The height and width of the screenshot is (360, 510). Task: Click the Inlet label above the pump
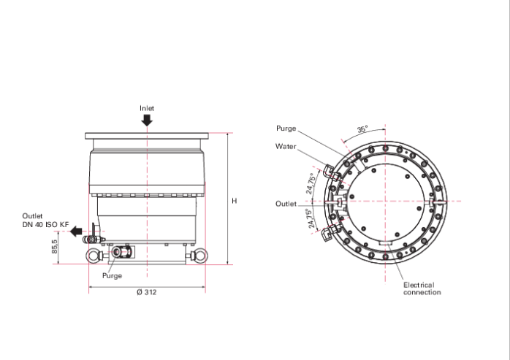[x=147, y=108]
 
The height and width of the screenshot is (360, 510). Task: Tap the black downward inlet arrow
[x=147, y=120]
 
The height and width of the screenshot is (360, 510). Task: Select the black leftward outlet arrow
[x=77, y=231]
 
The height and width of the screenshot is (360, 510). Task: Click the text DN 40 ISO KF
[x=45, y=225]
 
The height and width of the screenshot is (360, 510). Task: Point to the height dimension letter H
[x=235, y=201]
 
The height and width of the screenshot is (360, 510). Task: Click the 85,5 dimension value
[x=54, y=247]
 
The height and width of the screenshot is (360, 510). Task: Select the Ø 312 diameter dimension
[x=147, y=292]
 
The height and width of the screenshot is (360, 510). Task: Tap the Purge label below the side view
[x=113, y=276]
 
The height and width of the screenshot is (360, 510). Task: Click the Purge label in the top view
[x=286, y=129]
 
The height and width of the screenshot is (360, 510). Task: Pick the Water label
[x=286, y=146]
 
